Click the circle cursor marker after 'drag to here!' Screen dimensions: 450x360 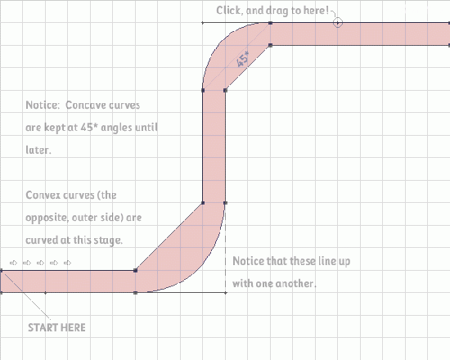tap(338, 22)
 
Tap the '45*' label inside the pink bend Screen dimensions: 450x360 tap(243, 59)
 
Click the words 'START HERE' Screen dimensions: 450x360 tap(56, 327)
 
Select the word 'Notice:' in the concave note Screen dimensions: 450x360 tap(43, 105)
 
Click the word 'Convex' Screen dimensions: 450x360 tap(43, 196)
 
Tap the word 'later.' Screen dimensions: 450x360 tap(38, 150)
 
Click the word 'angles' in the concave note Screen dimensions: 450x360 tap(117, 128)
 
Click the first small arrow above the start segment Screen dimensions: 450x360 tap(13, 263)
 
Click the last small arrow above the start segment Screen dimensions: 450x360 tap(67, 263)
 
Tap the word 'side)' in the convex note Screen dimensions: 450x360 tap(111, 218)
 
